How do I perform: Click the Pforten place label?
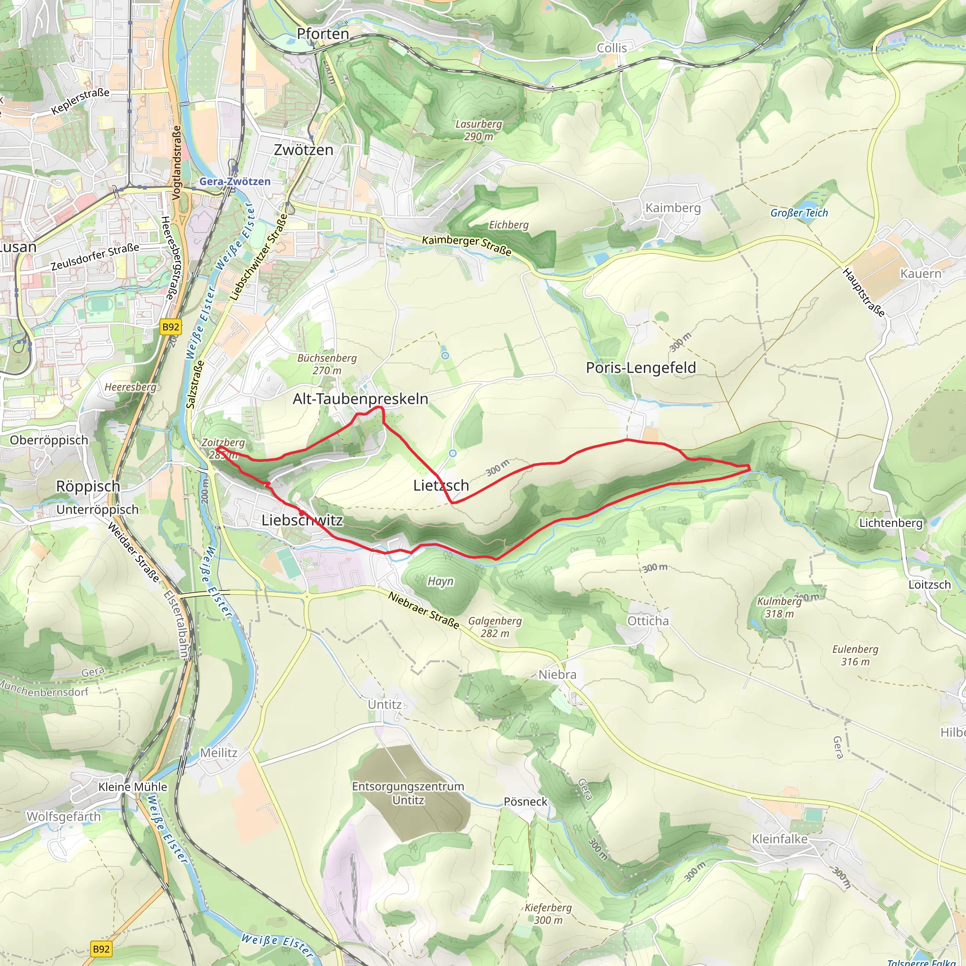coord(323,34)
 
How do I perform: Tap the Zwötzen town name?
coord(303,150)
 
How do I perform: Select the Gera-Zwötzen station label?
coord(235,182)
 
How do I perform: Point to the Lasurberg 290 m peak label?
coord(478,130)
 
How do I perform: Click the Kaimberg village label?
coord(673,208)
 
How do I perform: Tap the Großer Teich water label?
coord(799,213)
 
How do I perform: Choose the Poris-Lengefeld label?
coord(641,368)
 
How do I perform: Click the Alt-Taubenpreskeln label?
coord(360,399)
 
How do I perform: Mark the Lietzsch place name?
coord(441,485)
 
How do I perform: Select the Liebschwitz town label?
coord(302,521)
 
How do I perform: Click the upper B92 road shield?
coord(170,327)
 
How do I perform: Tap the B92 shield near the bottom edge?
coord(101,949)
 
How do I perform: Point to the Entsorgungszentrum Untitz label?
coord(408,793)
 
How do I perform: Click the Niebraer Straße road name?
coord(424,610)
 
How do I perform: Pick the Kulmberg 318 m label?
coord(779,608)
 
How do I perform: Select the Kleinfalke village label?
coord(780,839)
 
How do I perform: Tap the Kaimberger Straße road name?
coord(466,245)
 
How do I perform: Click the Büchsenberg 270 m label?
coord(327,364)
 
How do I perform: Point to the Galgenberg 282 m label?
coord(495,627)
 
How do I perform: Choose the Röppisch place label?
coord(88,486)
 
